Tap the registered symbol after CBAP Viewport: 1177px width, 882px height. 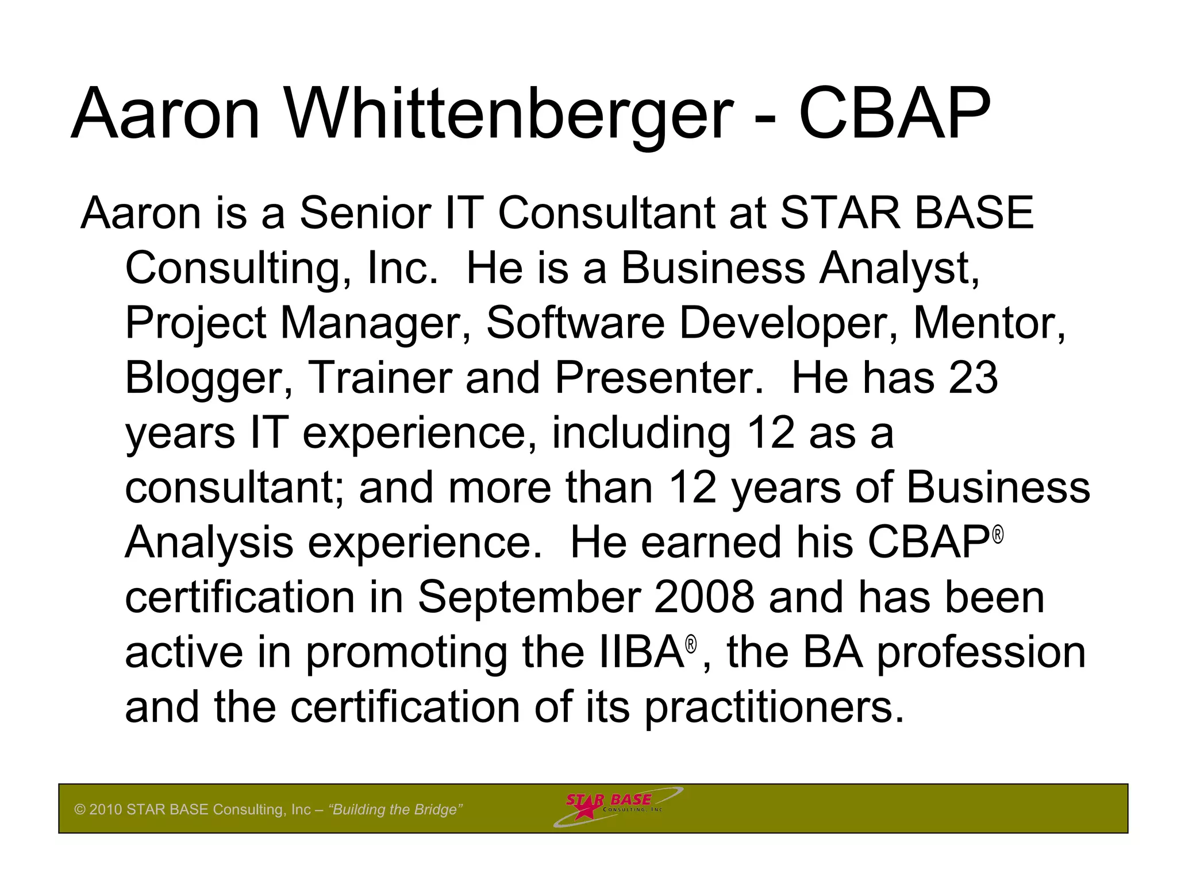(x=998, y=535)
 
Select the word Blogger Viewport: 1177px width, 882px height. (x=204, y=379)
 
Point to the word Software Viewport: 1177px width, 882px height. (x=575, y=323)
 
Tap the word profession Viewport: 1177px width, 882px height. (x=980, y=653)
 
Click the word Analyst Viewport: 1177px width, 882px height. (x=899, y=269)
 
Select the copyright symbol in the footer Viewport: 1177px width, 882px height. (x=80, y=810)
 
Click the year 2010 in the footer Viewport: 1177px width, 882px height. (x=106, y=810)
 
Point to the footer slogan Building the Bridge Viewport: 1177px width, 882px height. (x=395, y=810)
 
